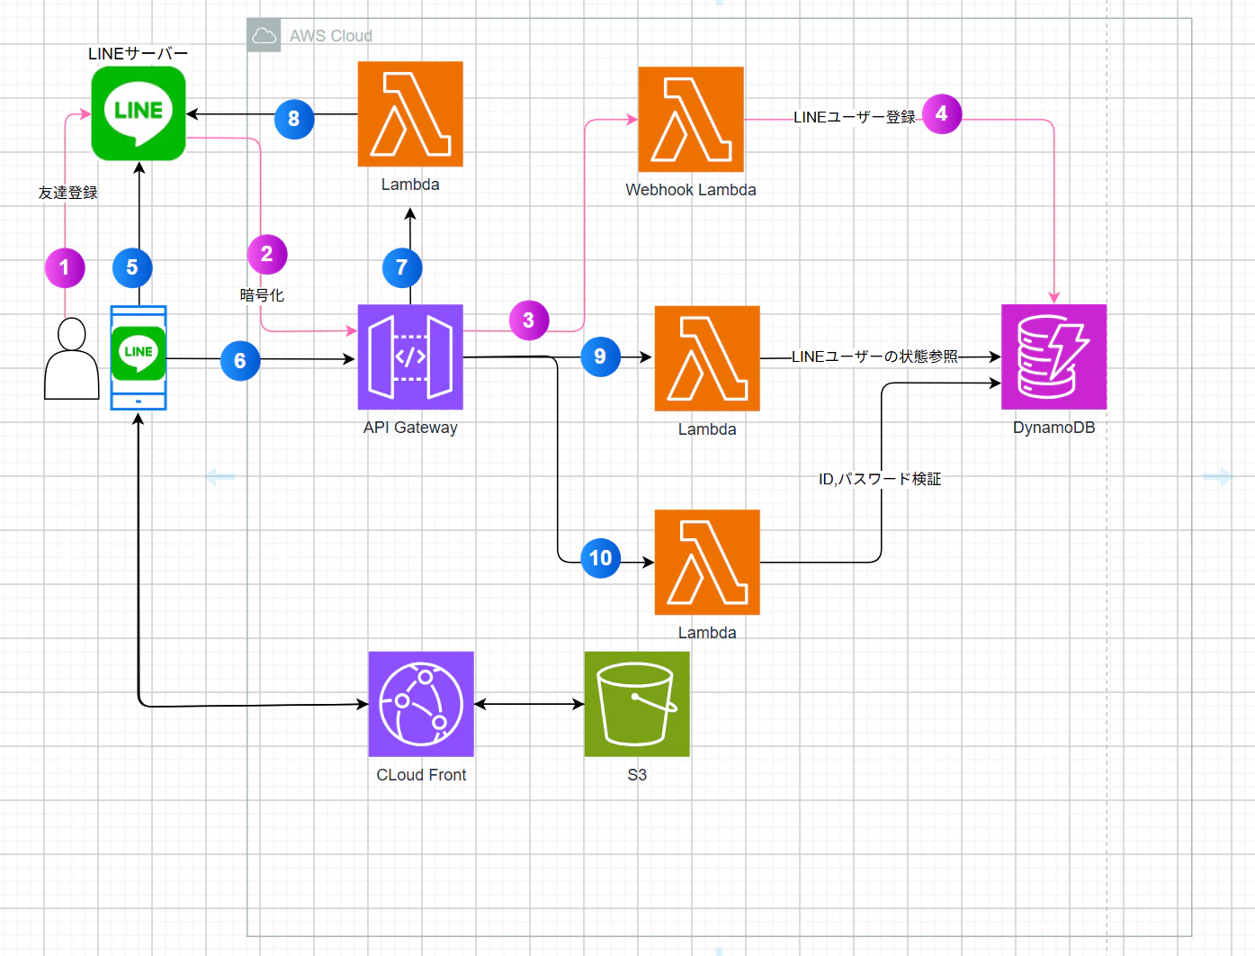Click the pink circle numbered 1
click(x=65, y=267)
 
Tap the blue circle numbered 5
click(x=132, y=267)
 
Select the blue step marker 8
click(x=294, y=119)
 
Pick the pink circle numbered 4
click(x=942, y=113)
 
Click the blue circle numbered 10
click(x=600, y=558)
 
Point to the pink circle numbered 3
click(x=529, y=320)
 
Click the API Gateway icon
click(x=410, y=357)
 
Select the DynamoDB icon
click(x=1053, y=357)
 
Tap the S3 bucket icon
click(x=637, y=704)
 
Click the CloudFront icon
click(x=421, y=704)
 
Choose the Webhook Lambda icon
click(x=691, y=119)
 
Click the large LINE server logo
click(x=139, y=113)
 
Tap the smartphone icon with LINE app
click(x=139, y=357)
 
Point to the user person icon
click(x=71, y=358)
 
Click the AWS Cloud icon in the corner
click(x=264, y=35)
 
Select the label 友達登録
click(x=68, y=193)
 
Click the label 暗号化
click(x=262, y=295)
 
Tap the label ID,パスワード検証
click(x=879, y=479)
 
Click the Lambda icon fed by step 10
click(x=707, y=563)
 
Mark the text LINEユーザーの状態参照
click(x=874, y=356)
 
